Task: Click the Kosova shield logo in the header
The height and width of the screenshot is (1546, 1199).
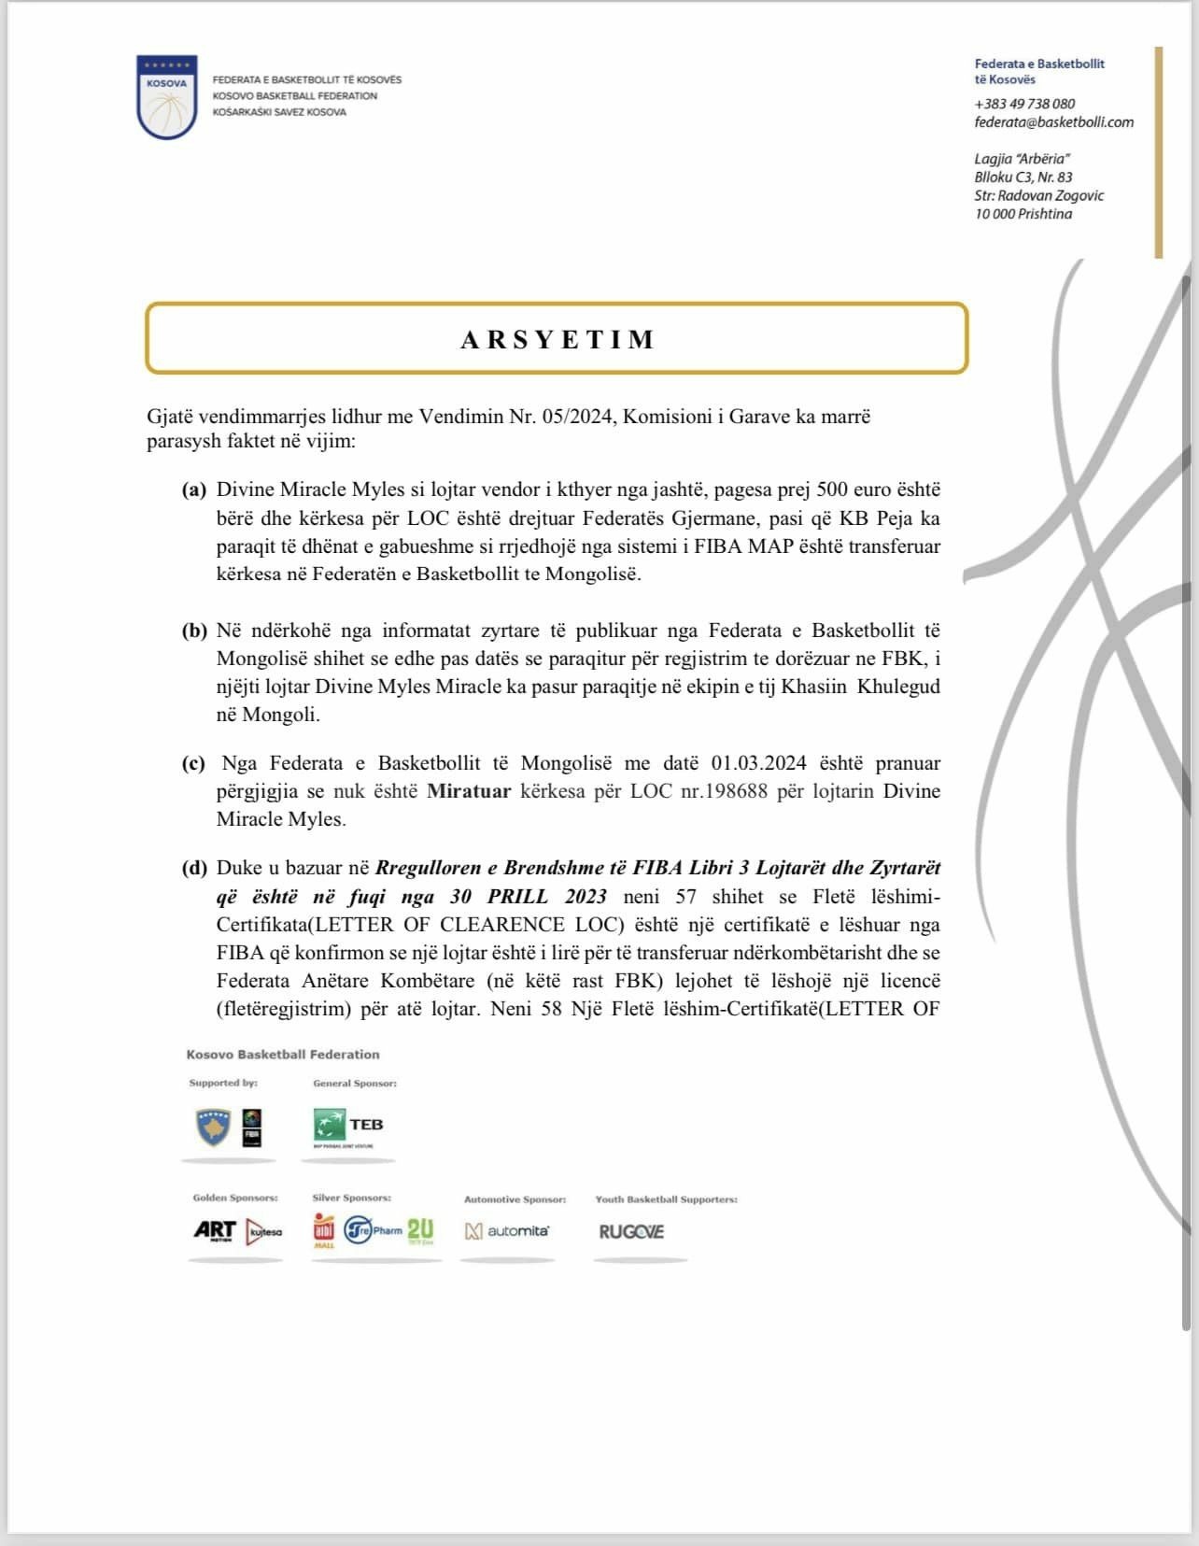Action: coord(167,97)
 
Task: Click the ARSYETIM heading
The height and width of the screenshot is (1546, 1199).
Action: coord(557,339)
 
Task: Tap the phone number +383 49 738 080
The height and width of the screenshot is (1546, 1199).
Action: coord(1024,104)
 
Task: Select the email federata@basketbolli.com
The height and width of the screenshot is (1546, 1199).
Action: coord(1053,122)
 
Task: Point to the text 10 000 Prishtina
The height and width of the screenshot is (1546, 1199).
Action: coord(1023,214)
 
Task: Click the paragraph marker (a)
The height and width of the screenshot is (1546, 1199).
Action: coord(194,489)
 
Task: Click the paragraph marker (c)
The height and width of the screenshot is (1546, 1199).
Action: coord(194,763)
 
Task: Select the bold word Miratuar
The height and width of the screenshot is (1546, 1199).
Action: coord(469,791)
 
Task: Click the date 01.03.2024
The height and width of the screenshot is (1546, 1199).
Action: coord(758,763)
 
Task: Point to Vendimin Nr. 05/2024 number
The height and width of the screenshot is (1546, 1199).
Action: coord(563,417)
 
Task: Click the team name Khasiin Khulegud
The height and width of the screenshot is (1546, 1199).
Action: coord(860,687)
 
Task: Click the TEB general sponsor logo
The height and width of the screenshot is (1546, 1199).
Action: coord(348,1126)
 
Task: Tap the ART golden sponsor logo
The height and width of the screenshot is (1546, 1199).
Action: coord(215,1231)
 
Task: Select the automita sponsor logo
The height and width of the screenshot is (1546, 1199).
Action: coord(507,1231)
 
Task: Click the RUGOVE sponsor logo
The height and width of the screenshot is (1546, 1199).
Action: coord(631,1232)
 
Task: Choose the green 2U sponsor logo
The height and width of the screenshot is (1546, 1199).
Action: coord(420,1230)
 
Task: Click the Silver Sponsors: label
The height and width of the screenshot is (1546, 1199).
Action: coord(351,1198)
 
